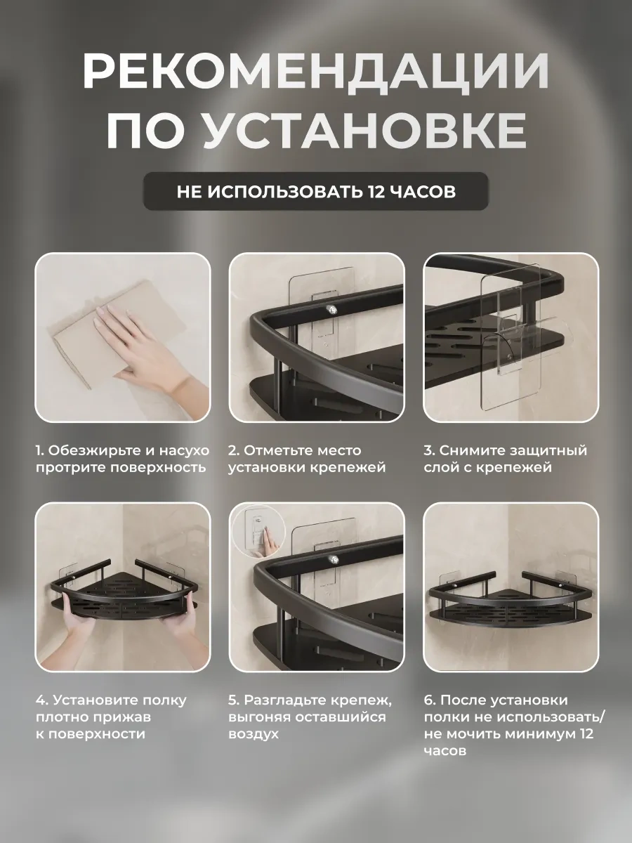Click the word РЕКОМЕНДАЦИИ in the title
315,70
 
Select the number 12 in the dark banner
376,191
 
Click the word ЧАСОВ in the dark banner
422,191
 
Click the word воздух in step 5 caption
254,734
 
